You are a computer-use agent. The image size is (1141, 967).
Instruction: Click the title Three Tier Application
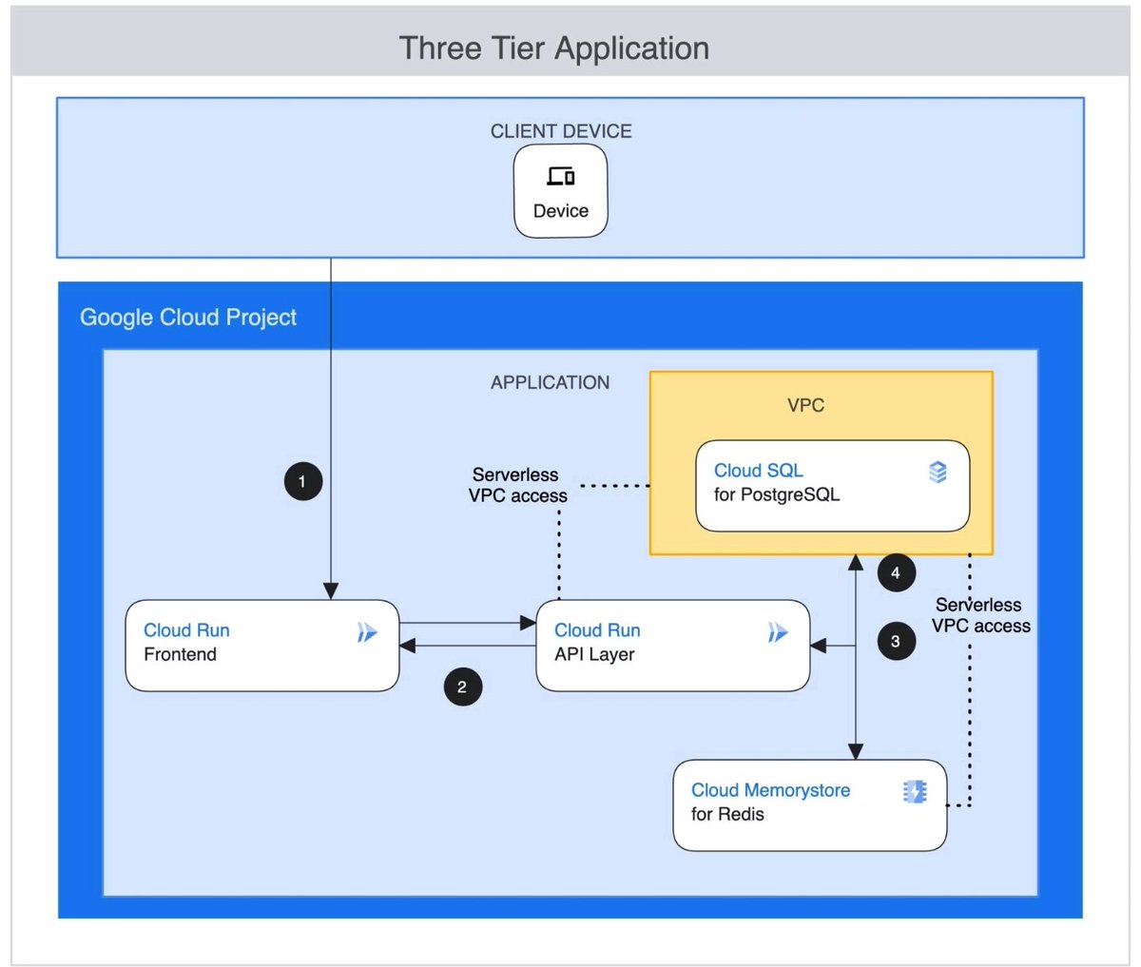(x=553, y=48)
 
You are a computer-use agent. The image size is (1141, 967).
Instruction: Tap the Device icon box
(x=560, y=191)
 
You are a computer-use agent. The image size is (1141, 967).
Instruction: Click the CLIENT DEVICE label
(x=560, y=131)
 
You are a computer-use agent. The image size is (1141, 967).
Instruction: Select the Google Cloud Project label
(x=188, y=318)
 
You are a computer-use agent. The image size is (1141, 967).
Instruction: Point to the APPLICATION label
(x=550, y=382)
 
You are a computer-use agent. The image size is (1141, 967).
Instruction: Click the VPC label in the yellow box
(x=805, y=405)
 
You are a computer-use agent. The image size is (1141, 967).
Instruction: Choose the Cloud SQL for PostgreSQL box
(x=832, y=485)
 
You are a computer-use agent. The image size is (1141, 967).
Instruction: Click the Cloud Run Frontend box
(x=261, y=645)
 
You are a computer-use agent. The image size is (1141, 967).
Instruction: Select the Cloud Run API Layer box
(x=672, y=645)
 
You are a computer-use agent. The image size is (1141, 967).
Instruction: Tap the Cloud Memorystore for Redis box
(x=809, y=804)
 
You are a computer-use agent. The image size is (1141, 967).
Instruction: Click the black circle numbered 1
(x=302, y=481)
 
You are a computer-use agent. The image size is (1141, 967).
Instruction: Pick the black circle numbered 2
(x=462, y=687)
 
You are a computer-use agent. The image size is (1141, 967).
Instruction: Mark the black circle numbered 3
(x=895, y=641)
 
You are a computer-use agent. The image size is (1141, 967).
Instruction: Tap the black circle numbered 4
(x=895, y=572)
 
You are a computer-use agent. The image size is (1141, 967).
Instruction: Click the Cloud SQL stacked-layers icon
(x=938, y=472)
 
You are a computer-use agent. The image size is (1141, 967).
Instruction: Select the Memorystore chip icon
(x=914, y=791)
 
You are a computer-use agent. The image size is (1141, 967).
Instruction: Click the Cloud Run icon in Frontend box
(x=367, y=632)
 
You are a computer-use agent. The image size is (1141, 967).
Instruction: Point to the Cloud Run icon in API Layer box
(x=778, y=632)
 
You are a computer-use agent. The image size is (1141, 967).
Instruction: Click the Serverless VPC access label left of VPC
(x=517, y=485)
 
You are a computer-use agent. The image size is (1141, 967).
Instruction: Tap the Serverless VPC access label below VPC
(x=980, y=615)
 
